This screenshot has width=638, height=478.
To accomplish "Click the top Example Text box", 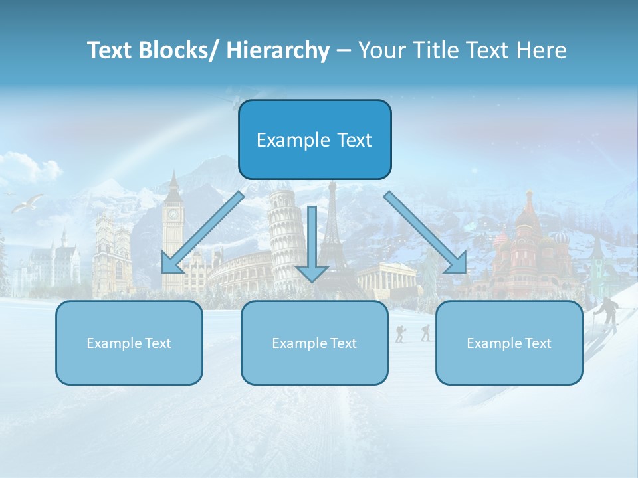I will tap(314, 139).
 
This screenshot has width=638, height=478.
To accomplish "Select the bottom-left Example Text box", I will tap(129, 343).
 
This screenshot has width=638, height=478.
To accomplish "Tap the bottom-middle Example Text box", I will tap(314, 343).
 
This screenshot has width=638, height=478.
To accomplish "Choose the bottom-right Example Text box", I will tap(509, 343).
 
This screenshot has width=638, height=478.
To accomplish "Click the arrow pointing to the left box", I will tap(199, 236).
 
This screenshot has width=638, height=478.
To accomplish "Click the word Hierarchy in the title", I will tap(278, 50).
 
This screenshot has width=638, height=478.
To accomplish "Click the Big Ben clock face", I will tap(173, 214).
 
